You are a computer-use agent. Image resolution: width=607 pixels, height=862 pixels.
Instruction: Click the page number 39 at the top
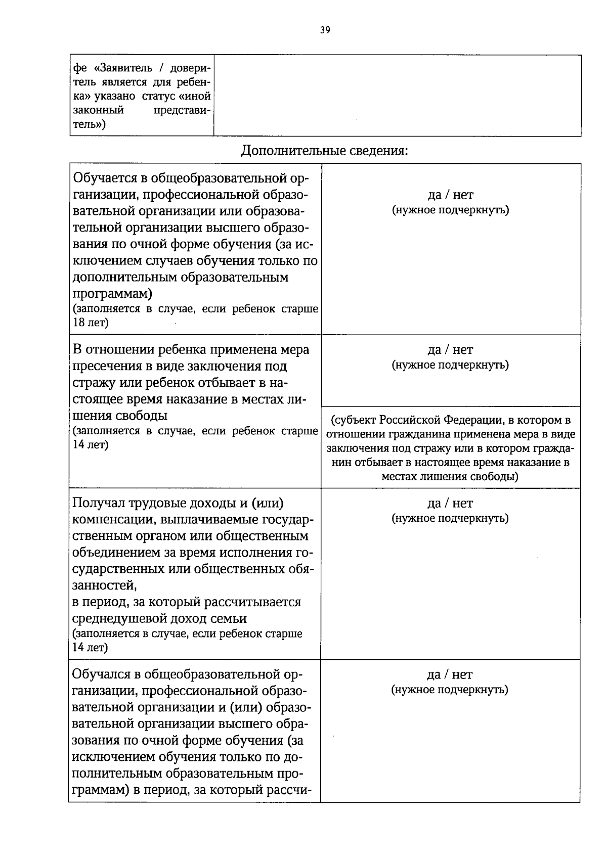325,30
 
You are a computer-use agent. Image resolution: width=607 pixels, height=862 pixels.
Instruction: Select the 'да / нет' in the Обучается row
450,195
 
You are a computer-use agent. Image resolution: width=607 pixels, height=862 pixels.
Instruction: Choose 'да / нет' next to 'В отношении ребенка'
450,350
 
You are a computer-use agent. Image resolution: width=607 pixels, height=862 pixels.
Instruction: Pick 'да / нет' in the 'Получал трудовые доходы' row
450,504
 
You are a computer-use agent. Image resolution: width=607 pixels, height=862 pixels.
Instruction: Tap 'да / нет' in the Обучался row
450,675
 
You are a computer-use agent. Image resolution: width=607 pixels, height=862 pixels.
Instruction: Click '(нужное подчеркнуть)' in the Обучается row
450,210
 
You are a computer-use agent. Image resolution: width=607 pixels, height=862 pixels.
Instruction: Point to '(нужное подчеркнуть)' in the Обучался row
450,690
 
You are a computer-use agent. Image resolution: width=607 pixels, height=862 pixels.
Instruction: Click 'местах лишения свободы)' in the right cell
450,476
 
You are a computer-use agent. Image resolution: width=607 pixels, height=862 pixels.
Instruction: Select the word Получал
101,504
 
